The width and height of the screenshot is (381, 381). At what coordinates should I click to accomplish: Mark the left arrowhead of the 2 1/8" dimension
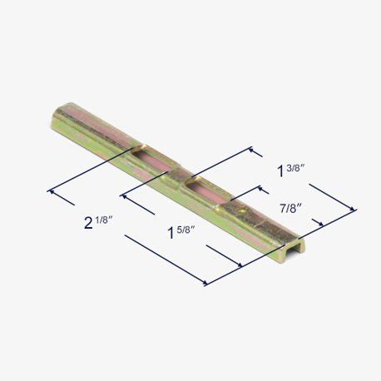(52, 191)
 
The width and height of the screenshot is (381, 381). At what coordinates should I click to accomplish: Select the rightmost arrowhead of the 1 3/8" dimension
(354, 210)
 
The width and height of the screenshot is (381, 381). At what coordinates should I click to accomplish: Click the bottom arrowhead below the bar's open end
(206, 284)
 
